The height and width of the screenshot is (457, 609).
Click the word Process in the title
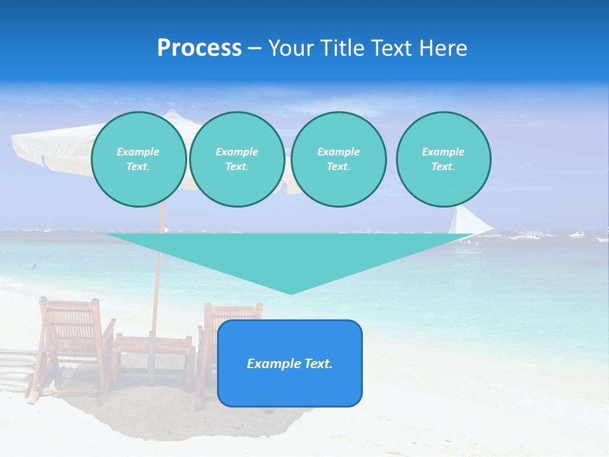click(199, 48)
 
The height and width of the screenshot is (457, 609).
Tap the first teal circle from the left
click(138, 159)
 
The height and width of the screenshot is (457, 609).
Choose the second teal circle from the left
click(237, 159)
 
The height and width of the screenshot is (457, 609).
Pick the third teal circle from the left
click(338, 159)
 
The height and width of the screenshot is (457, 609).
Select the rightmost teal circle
click(443, 159)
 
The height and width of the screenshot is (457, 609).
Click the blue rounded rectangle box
click(290, 363)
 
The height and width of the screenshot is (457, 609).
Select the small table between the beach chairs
click(155, 355)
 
